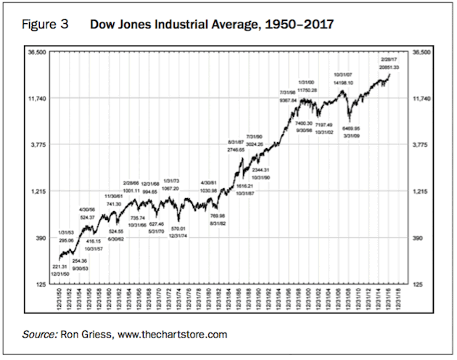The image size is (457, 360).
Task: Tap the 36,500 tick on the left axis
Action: (37, 52)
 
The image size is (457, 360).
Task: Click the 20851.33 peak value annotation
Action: (389, 67)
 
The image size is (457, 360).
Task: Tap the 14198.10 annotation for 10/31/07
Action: (344, 83)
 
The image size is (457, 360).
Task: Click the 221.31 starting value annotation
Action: (61, 266)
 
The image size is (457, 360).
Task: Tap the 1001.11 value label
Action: (131, 190)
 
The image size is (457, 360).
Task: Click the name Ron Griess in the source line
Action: (89, 335)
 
